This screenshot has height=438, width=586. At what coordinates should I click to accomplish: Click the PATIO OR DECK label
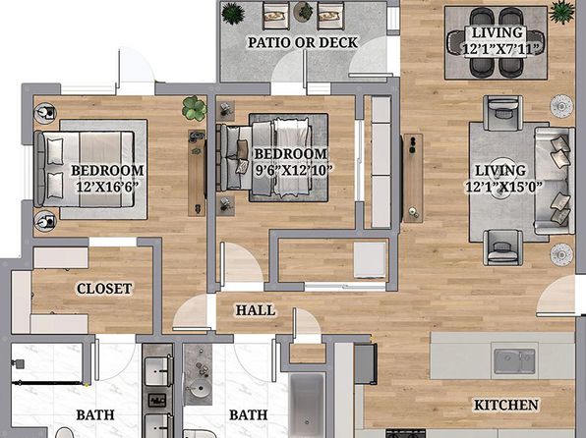(303, 42)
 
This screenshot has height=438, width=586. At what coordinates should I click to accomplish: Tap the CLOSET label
(104, 289)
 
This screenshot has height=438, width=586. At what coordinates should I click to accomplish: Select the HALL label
(256, 310)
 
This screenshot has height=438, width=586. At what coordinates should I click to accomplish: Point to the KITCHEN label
(506, 405)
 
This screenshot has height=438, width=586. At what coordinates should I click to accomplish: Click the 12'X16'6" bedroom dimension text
(107, 187)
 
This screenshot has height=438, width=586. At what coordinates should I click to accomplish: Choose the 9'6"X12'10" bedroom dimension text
(293, 170)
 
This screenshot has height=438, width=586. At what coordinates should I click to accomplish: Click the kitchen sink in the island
(514, 361)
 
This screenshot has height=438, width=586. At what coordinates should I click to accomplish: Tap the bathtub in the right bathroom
(307, 405)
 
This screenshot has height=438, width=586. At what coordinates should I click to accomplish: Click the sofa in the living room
(555, 181)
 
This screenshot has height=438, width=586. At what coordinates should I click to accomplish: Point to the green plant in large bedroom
(195, 108)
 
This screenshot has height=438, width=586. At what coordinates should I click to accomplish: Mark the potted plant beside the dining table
(561, 12)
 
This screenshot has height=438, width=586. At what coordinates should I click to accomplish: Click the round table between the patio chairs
(304, 12)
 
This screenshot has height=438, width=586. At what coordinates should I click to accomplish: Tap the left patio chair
(276, 16)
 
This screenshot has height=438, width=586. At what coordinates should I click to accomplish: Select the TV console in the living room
(413, 178)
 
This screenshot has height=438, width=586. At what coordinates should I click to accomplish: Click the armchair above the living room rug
(502, 113)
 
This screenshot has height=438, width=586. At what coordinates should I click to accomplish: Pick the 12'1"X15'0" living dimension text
(503, 187)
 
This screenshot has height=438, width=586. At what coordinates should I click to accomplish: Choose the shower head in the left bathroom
(18, 363)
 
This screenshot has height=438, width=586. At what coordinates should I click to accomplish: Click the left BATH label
(95, 414)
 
